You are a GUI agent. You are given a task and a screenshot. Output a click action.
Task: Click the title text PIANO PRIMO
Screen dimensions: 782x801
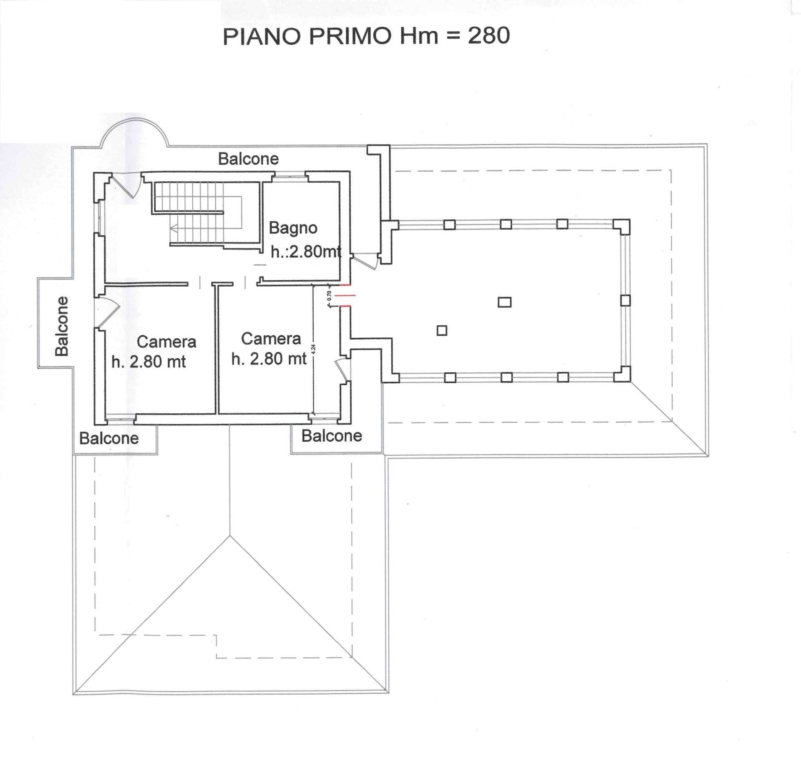(309, 37)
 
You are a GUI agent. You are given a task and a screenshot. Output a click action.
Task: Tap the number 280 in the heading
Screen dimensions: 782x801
(489, 35)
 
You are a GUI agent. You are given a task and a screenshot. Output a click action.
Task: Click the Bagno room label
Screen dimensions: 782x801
(293, 228)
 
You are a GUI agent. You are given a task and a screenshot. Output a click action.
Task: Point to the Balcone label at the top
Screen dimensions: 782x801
(248, 159)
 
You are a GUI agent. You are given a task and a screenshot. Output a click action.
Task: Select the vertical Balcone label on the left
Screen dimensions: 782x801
(62, 326)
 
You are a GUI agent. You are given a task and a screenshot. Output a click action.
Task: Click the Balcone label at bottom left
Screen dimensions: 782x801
(109, 438)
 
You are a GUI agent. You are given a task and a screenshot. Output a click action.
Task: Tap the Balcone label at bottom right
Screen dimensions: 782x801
(332, 436)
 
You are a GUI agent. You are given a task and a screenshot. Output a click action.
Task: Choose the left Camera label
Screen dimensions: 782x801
(166, 342)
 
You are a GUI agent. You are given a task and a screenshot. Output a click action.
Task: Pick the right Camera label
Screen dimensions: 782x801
(271, 339)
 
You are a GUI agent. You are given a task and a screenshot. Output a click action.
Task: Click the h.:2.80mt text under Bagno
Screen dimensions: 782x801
(306, 251)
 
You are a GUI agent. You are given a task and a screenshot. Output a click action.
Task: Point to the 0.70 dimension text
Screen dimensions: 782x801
(329, 295)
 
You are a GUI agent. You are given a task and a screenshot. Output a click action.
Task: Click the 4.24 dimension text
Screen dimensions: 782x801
(313, 349)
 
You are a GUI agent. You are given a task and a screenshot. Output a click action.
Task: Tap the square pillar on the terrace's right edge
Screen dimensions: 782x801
(625, 300)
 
